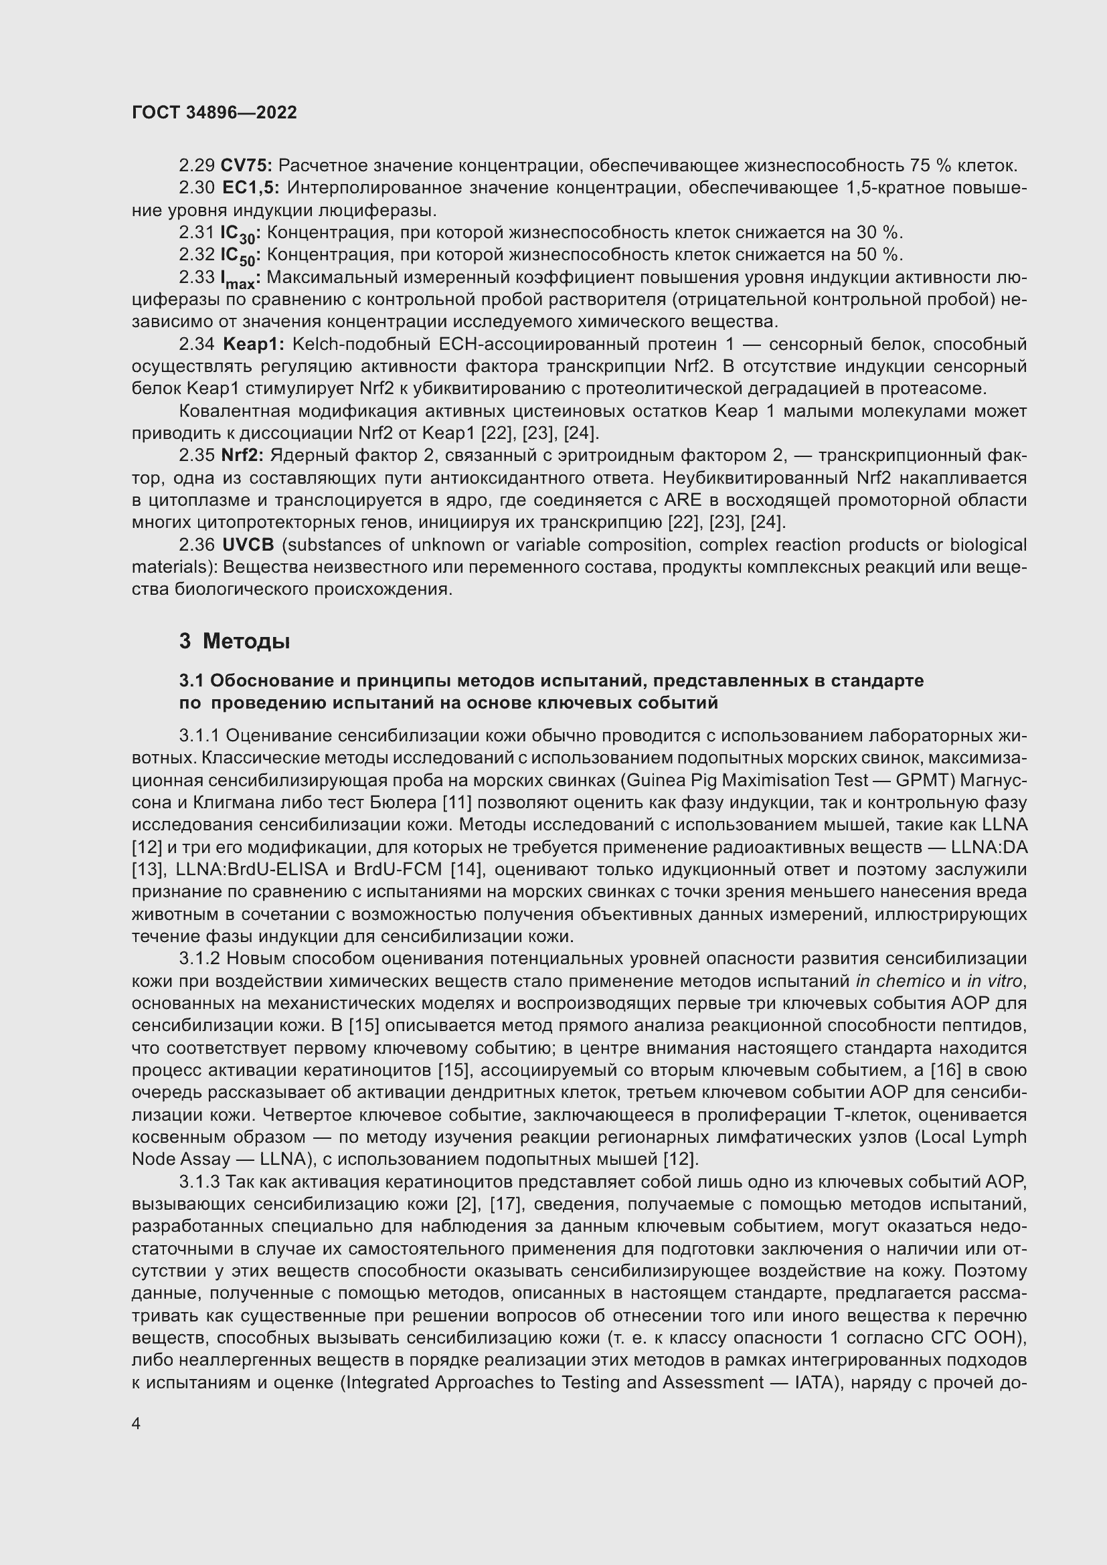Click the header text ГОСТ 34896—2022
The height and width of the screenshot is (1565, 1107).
point(214,112)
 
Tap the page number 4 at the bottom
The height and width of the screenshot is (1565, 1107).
point(137,1424)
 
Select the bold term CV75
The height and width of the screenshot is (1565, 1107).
point(246,166)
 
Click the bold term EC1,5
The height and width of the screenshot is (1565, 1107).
point(251,188)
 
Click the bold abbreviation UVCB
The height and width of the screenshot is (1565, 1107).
point(248,545)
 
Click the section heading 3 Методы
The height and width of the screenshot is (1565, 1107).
point(234,642)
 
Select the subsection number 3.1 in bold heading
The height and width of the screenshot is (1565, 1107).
point(191,680)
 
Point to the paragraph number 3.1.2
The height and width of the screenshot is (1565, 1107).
point(199,958)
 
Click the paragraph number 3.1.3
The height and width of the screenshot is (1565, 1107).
point(199,1181)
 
